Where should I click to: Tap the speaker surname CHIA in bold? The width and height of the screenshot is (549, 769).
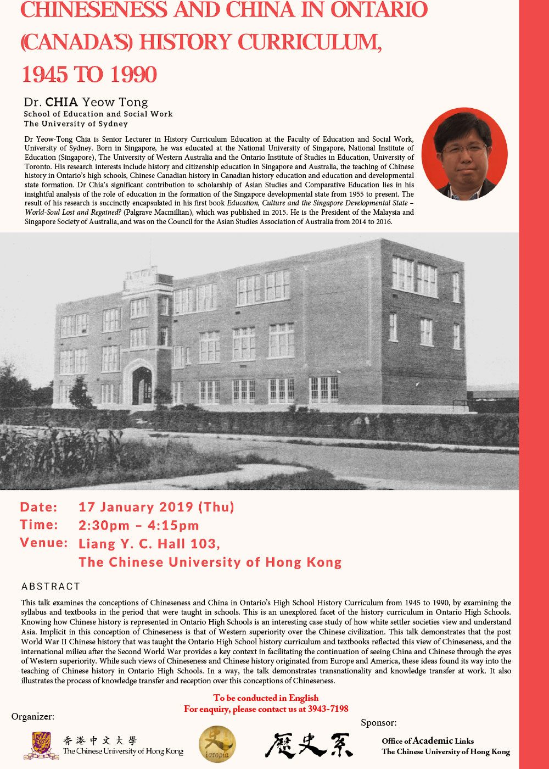pyautogui.click(x=61, y=102)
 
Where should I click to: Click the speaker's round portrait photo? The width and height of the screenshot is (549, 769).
pyautogui.click(x=464, y=154)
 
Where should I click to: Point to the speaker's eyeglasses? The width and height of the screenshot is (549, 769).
pyautogui.click(x=464, y=149)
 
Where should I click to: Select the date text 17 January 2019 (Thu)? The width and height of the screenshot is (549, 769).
pyautogui.click(x=156, y=507)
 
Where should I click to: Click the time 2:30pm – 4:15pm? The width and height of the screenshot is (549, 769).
pyautogui.click(x=139, y=525)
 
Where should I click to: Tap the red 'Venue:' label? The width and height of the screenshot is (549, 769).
pyautogui.click(x=44, y=543)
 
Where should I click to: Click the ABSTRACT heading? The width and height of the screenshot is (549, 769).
pyautogui.click(x=51, y=586)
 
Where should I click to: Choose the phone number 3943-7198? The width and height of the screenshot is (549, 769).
pyautogui.click(x=328, y=709)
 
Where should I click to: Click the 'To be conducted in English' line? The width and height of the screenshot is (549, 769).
pyautogui.click(x=266, y=698)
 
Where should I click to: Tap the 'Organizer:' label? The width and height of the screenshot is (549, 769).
pyautogui.click(x=33, y=716)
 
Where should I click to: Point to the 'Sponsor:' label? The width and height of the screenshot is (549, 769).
pyautogui.click(x=378, y=722)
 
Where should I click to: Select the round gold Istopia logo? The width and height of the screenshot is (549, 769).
pyautogui.click(x=217, y=744)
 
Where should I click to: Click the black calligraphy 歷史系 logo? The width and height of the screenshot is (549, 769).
pyautogui.click(x=309, y=744)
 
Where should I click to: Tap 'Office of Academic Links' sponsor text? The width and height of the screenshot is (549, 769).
pyautogui.click(x=428, y=740)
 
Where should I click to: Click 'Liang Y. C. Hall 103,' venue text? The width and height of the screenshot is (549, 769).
pyautogui.click(x=149, y=544)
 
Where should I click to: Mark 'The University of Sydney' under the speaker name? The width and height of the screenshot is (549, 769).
pyautogui.click(x=76, y=124)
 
